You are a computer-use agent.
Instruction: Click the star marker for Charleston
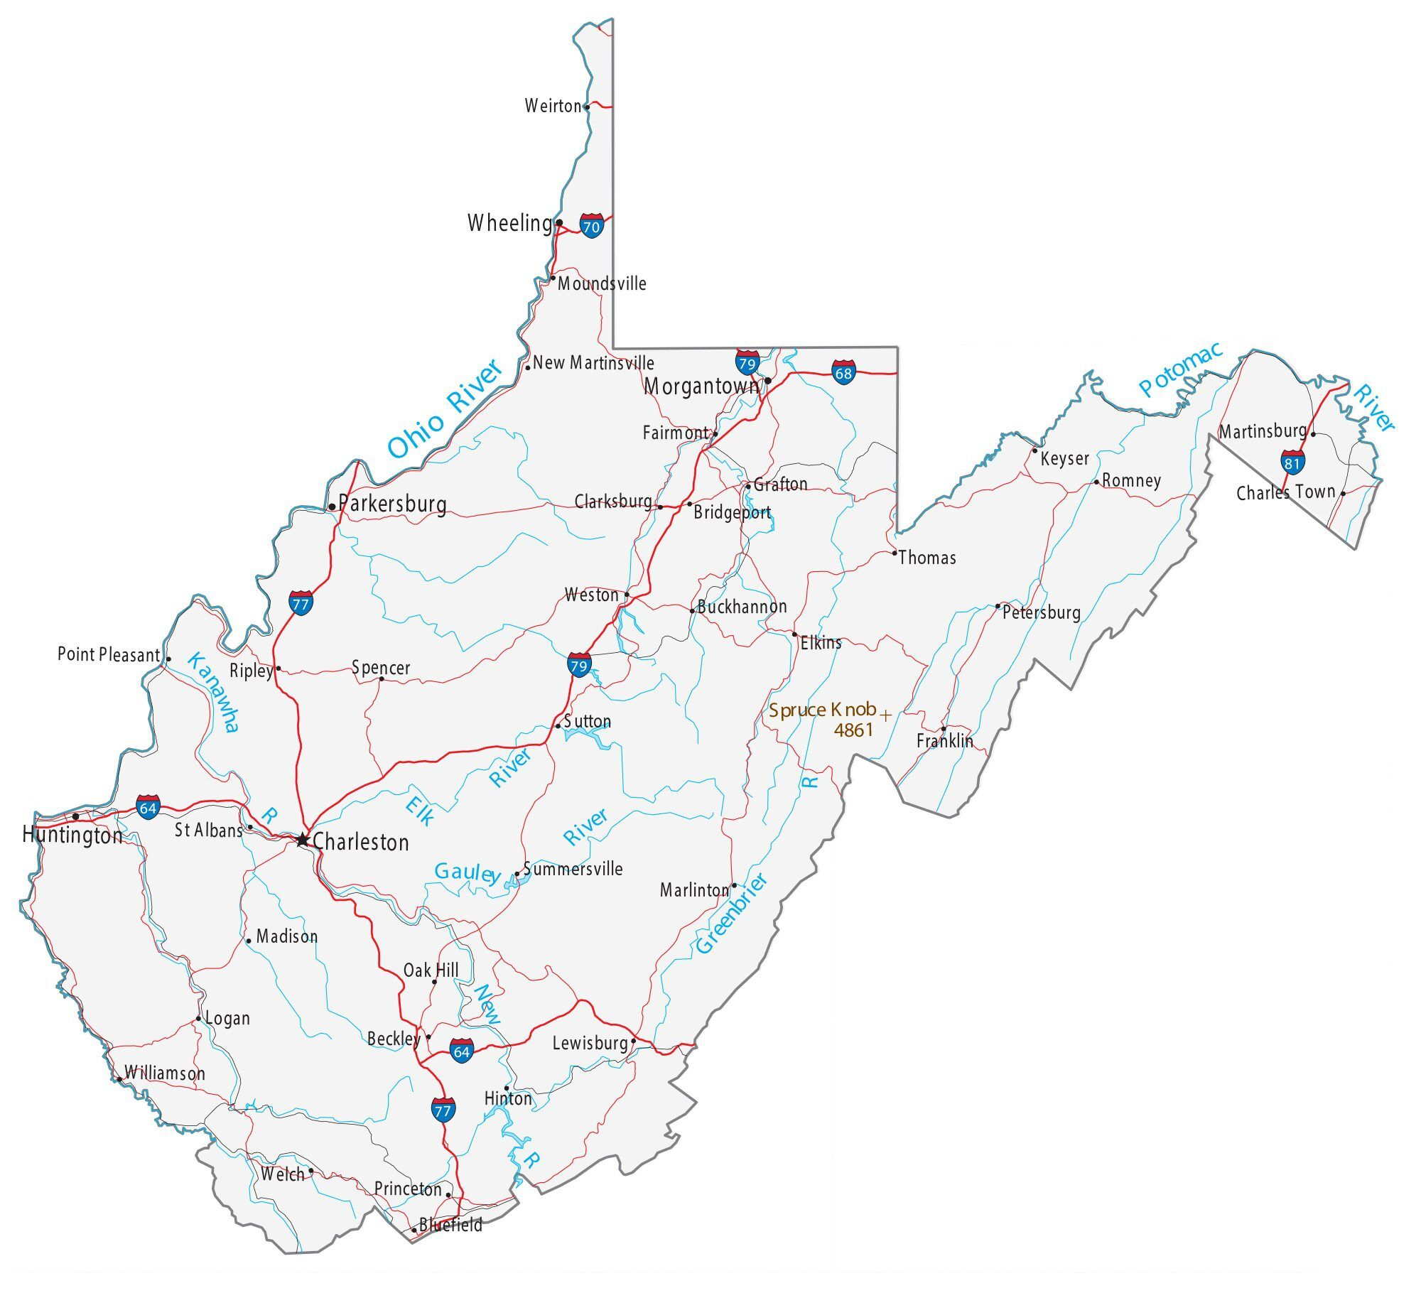[303, 840]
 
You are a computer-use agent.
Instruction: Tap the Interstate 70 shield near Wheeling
[591, 225]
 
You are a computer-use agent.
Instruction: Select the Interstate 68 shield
[843, 372]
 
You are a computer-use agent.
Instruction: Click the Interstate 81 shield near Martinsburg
[1292, 462]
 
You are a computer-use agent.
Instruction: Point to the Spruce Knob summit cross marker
[885, 714]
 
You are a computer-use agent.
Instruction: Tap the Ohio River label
[445, 409]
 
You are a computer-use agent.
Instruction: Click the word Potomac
[1180, 368]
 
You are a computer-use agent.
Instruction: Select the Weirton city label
[553, 107]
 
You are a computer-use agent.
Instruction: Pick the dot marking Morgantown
[768, 380]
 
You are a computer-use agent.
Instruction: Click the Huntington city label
[72, 835]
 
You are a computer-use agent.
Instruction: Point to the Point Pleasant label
[109, 654]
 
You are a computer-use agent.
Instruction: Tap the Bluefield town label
[450, 1224]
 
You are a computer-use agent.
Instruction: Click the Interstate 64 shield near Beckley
[462, 1050]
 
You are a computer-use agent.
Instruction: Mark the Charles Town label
[1285, 492]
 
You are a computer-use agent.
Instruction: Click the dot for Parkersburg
[332, 507]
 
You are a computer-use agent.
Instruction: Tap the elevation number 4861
[853, 730]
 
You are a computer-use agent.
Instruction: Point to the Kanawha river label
[213, 691]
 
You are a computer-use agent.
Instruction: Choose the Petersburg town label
[1041, 612]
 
